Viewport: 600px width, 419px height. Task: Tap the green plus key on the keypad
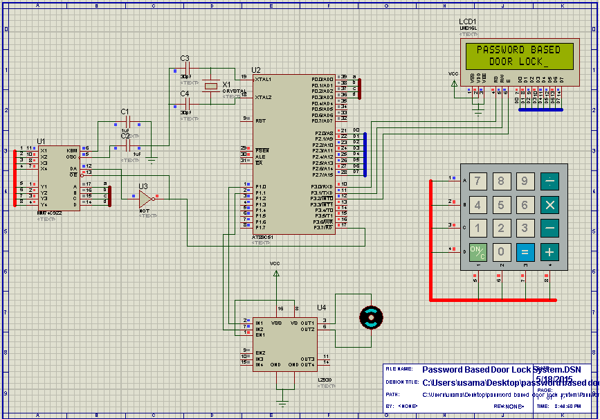pos(549,251)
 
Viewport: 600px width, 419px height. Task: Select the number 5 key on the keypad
pos(501,205)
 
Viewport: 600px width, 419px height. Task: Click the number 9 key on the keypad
pos(525,182)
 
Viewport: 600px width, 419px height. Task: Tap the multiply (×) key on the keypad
pos(549,205)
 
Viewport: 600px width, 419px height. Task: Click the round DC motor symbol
pos(371,317)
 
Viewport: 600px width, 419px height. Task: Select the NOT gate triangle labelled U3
pos(145,199)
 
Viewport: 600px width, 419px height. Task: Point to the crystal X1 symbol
pos(211,87)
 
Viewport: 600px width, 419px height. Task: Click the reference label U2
pos(256,70)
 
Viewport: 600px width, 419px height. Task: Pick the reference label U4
pos(322,307)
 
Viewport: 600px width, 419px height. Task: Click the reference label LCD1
pos(468,22)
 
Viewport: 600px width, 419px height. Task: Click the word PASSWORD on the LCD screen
pos(500,50)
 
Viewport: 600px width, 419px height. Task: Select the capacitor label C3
pos(185,58)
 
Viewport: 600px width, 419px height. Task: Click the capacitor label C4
pos(185,93)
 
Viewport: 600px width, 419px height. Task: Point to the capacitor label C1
pos(125,112)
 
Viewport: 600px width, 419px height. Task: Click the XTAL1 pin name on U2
pos(263,80)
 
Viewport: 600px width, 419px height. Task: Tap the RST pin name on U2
pos(260,121)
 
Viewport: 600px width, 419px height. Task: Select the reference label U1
pos(41,141)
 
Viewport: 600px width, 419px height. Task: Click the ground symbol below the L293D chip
pos(282,402)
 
